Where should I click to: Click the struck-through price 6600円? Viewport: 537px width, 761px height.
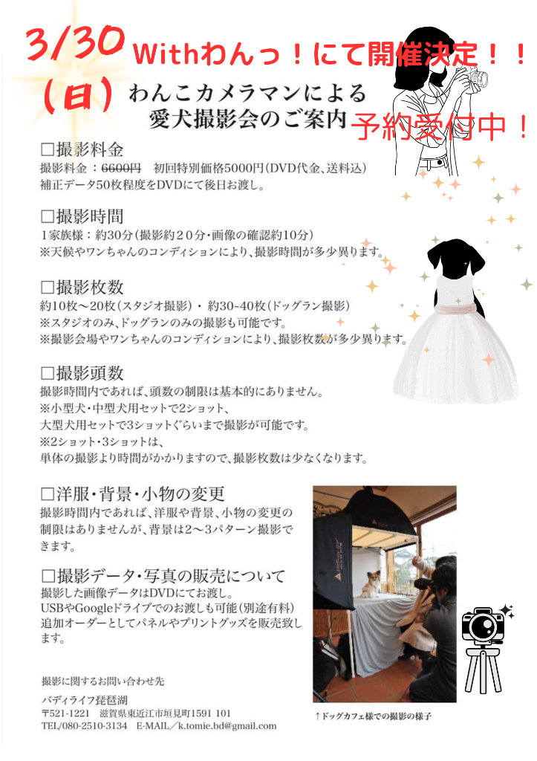(x=121, y=168)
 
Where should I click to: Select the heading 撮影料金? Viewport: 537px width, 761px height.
(x=90, y=149)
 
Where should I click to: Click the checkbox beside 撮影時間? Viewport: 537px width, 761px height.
(x=47, y=216)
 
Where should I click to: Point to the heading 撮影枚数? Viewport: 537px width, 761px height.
(x=90, y=288)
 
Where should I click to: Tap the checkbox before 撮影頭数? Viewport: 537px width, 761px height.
(x=47, y=374)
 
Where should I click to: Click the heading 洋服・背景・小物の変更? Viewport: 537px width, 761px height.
(x=140, y=494)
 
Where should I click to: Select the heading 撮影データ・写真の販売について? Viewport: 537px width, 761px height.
(x=171, y=576)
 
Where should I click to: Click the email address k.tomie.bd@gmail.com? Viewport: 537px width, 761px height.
(x=227, y=727)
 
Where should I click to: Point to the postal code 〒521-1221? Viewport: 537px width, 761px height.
(x=65, y=713)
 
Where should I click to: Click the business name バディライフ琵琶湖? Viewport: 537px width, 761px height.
(x=85, y=700)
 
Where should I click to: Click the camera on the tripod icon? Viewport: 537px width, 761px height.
(x=484, y=626)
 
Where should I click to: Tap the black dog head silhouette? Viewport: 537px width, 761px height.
(x=455, y=259)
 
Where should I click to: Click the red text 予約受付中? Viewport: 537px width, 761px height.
(x=439, y=126)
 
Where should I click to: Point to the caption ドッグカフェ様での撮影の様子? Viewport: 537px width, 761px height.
(x=374, y=716)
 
